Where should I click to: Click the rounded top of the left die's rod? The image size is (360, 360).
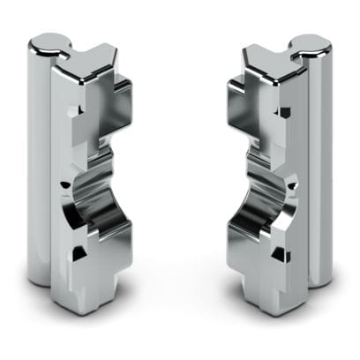point(46,41)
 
